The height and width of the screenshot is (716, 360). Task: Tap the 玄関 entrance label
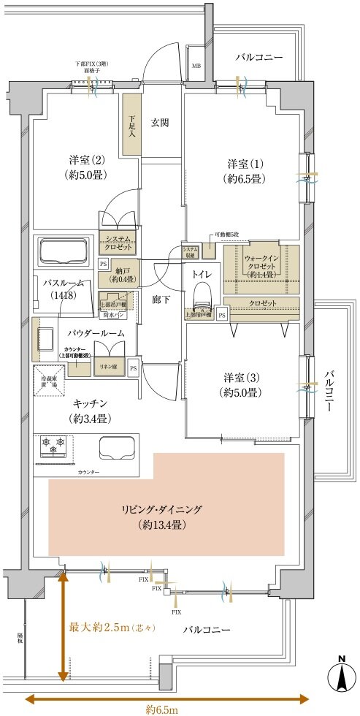click(x=160, y=123)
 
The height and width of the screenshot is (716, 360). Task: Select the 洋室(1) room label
click(x=245, y=171)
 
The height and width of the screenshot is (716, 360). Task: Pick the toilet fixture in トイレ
click(x=202, y=301)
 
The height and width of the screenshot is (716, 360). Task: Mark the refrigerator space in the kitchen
click(x=48, y=380)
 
